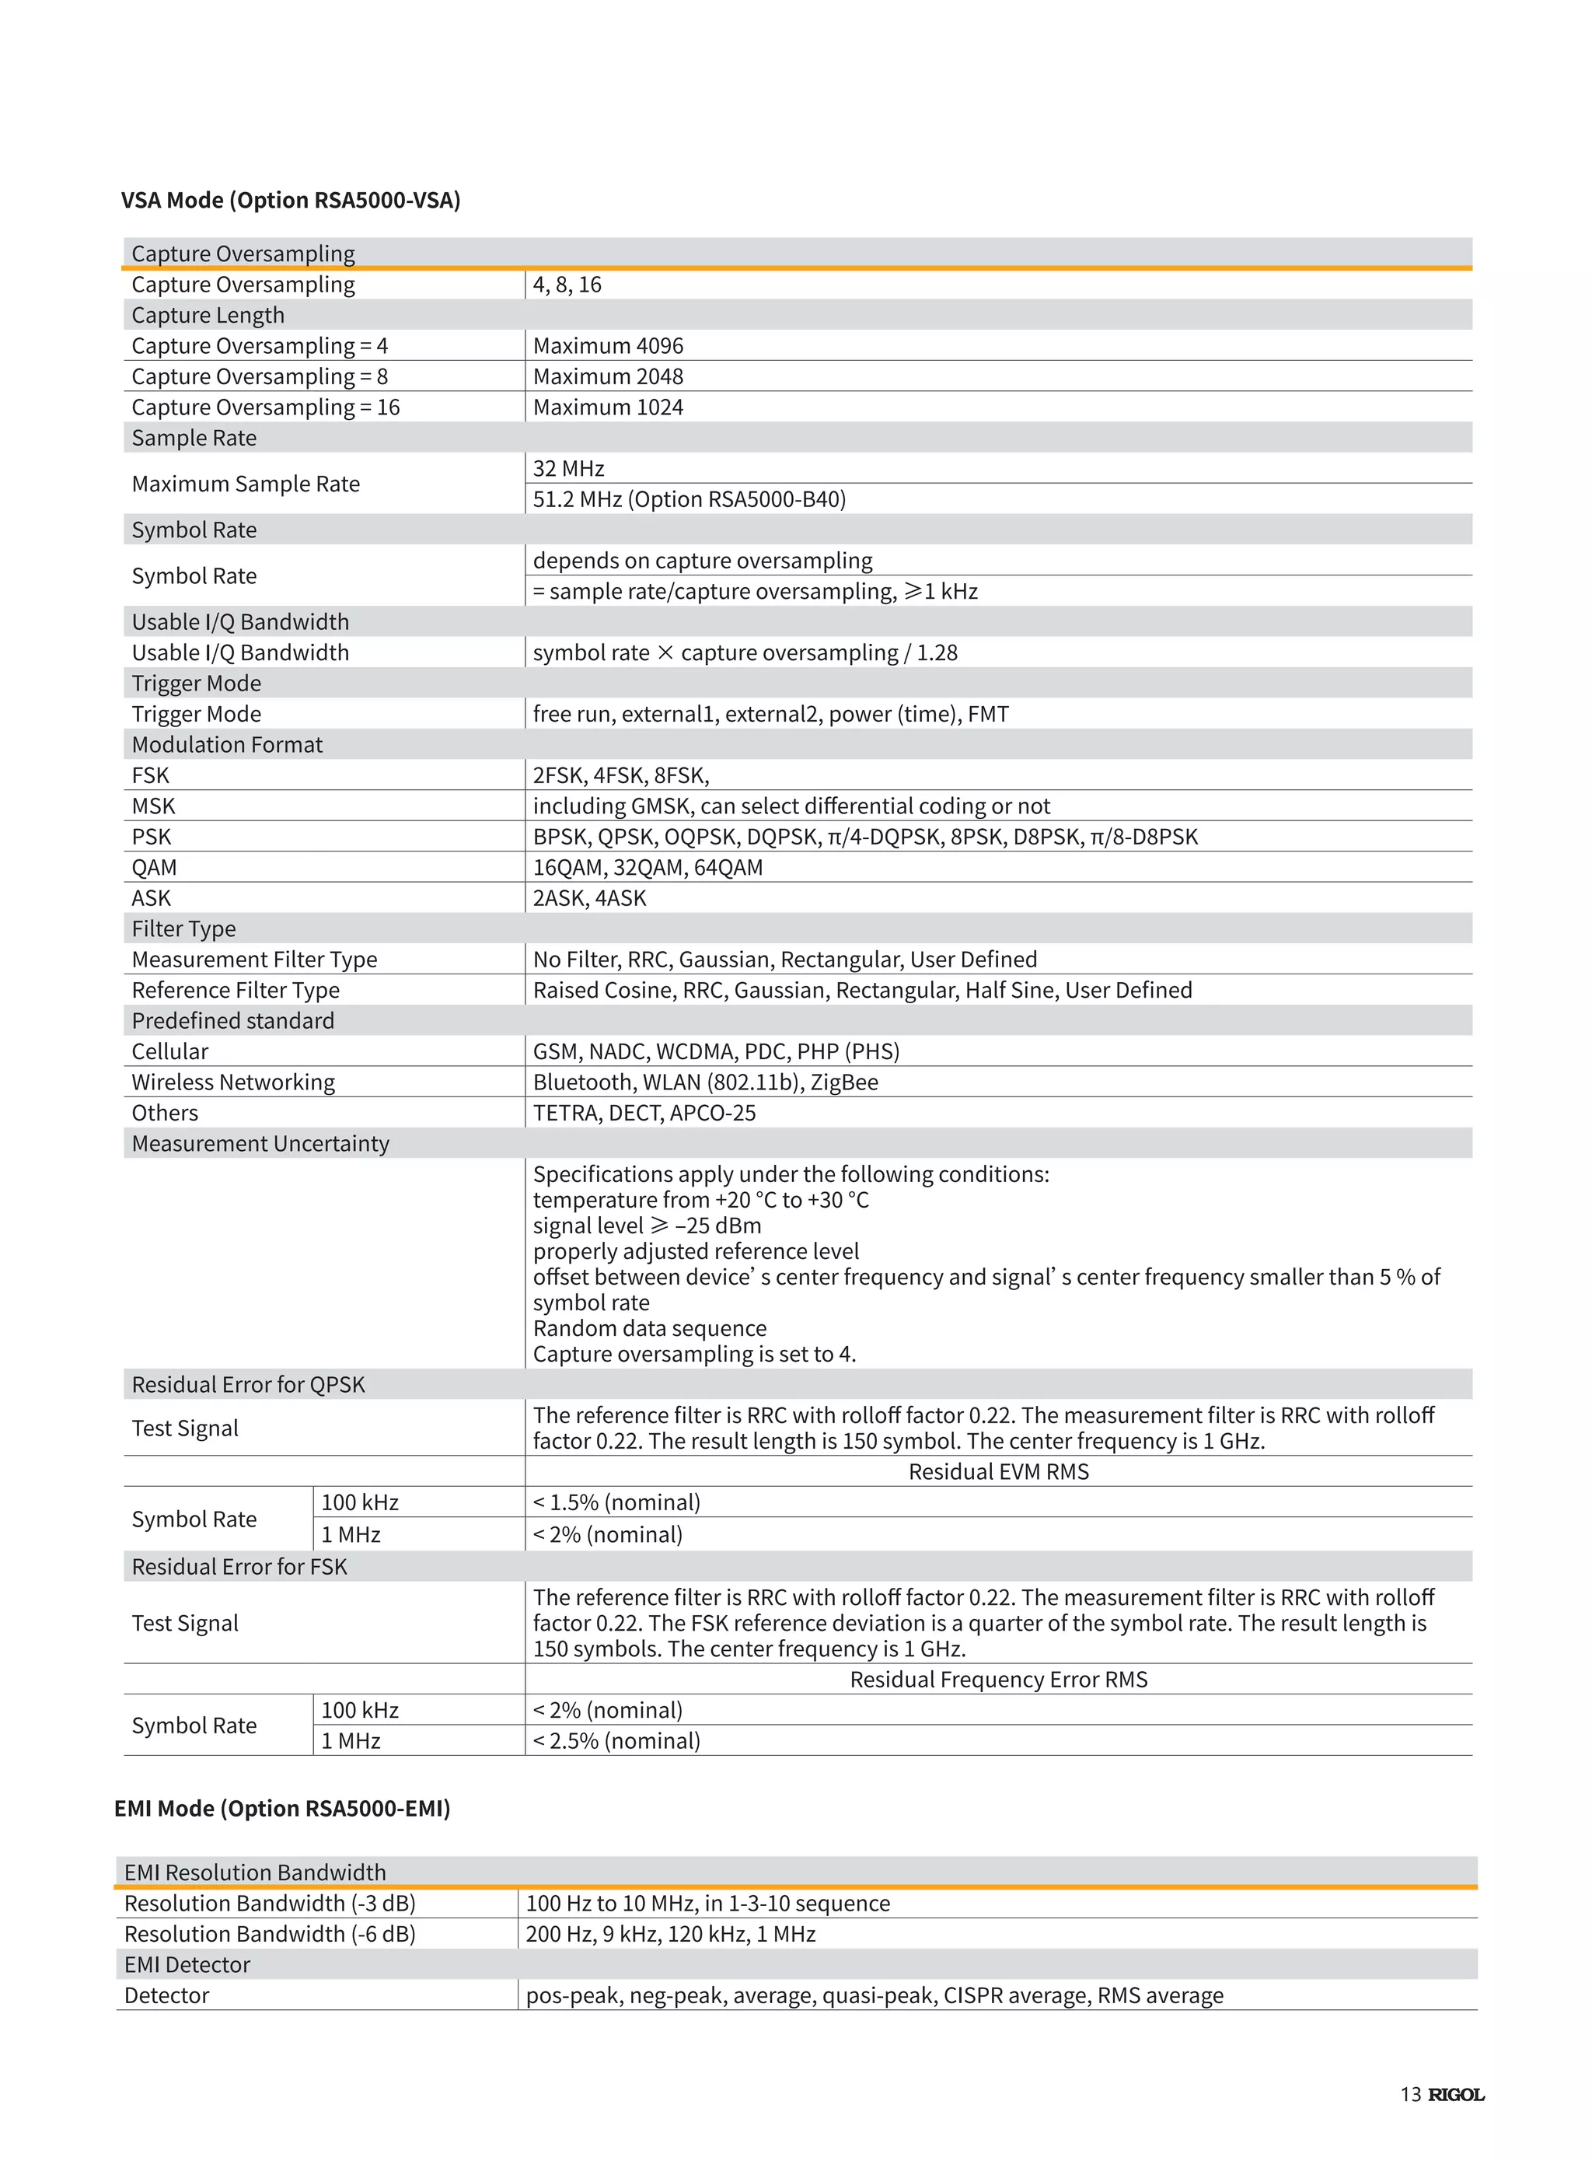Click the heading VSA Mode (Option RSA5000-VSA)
click(290, 200)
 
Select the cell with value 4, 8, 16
click(567, 285)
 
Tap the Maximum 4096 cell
click(608, 346)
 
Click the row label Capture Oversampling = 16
click(265, 407)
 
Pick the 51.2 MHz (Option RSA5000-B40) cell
click(689, 499)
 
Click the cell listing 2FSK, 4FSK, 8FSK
click(620, 775)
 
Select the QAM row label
click(154, 868)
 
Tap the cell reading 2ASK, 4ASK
click(590, 898)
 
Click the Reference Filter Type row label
click(235, 990)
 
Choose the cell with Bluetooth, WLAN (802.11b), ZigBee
click(705, 1082)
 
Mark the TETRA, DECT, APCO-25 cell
click(644, 1114)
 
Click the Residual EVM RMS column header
click(998, 1472)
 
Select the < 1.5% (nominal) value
click(616, 1502)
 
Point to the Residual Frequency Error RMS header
click(998, 1679)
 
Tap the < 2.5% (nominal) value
click(616, 1741)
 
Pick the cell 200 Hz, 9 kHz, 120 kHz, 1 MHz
click(671, 1935)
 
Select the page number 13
click(1410, 2094)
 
